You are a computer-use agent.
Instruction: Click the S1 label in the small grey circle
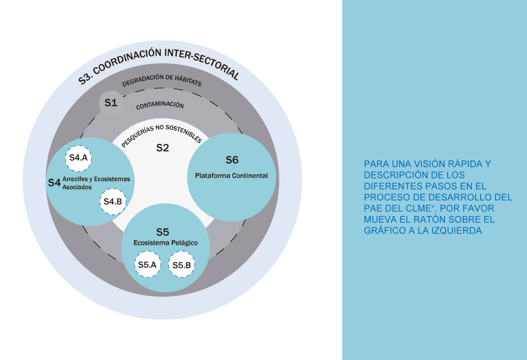[111, 102]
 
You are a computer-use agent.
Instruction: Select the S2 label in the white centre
[163, 148]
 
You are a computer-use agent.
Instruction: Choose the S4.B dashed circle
[113, 202]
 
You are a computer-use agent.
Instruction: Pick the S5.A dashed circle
[147, 265]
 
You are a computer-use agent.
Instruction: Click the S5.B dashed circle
[182, 265]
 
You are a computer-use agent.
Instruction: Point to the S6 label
[232, 160]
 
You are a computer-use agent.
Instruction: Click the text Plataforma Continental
[232, 176]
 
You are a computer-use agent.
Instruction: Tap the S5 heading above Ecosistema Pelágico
[163, 232]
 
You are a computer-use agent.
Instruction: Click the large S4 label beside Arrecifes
[54, 183]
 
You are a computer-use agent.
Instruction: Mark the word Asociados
[77, 188]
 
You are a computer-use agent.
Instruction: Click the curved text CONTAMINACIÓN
[160, 105]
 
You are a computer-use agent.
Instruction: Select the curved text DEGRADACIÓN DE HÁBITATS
[161, 82]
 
